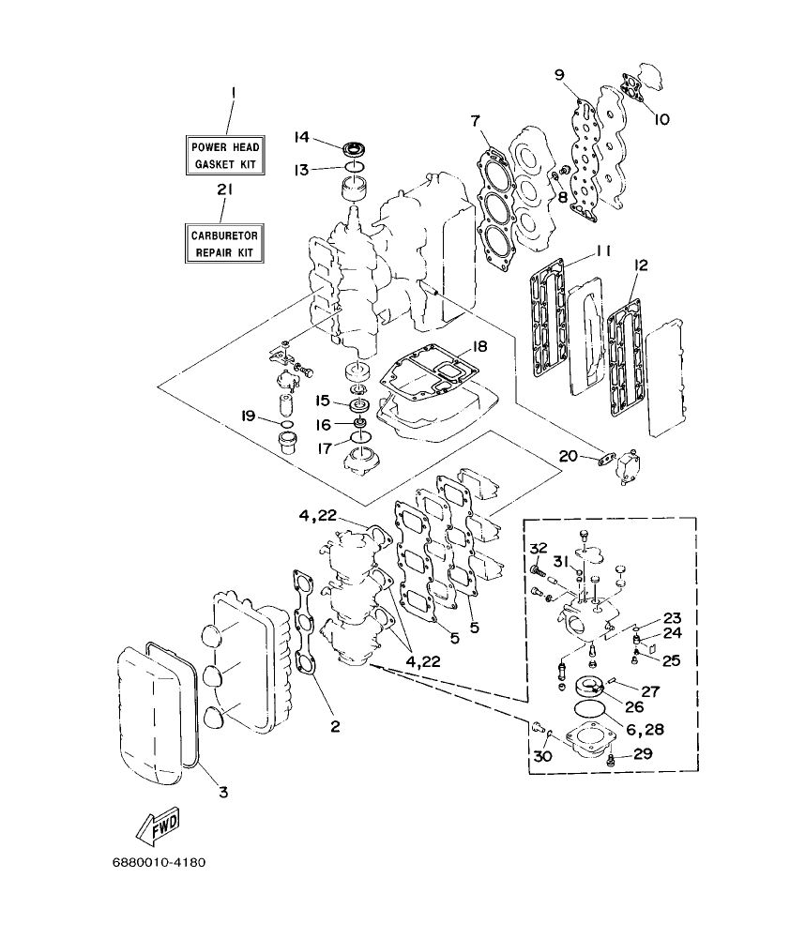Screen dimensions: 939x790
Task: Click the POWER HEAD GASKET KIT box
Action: pos(225,155)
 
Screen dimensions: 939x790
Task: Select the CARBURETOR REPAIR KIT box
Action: pos(225,245)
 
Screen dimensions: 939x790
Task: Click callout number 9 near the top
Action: pos(558,74)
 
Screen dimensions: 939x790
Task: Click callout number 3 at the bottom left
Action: pos(222,792)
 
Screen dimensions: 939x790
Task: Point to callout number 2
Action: pos(333,725)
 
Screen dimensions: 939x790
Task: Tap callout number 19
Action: pos(247,416)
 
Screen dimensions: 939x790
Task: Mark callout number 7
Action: pos(476,121)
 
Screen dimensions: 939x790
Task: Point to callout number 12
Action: pos(640,265)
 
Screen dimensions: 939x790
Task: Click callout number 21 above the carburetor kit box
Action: pos(224,189)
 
